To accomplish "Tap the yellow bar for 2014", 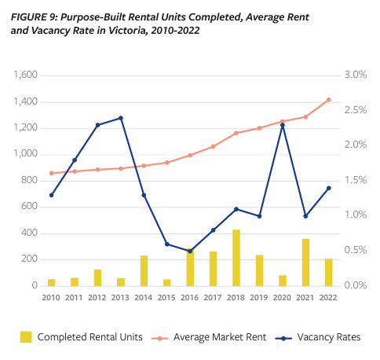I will coord(144,270).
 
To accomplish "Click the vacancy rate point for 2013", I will coord(121,118).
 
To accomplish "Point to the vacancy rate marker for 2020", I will coord(282,125).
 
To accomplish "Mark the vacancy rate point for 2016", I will coord(189,252).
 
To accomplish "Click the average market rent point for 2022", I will coord(328,100).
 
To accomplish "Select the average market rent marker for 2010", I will coord(51,173).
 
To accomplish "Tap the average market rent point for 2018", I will coord(236,133).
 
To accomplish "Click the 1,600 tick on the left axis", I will coord(25,75).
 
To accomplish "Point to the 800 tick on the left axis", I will coord(30,181).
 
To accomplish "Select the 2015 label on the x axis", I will coord(166,298).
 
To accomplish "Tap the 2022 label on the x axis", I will coord(328,298).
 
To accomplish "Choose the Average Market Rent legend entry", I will coord(217,337).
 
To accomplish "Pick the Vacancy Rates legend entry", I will coord(328,337).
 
